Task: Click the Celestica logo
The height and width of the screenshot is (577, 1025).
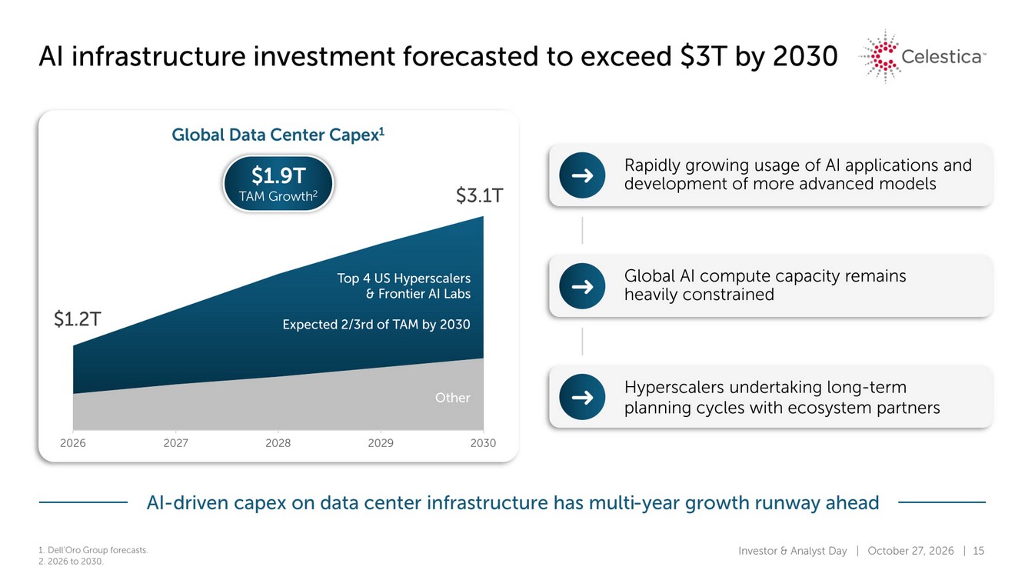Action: click(923, 57)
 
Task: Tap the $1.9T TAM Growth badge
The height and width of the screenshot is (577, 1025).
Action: click(278, 184)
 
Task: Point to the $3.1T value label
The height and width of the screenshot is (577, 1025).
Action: click(479, 195)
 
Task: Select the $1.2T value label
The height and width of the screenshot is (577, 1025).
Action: click(78, 319)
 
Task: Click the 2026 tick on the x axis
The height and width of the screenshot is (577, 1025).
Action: click(73, 443)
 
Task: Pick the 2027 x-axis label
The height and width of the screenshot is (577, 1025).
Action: click(176, 443)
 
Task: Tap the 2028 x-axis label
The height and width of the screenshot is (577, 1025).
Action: click(278, 443)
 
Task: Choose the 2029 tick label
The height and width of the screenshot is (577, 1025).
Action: click(381, 443)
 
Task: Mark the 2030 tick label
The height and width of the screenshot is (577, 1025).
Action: click(483, 443)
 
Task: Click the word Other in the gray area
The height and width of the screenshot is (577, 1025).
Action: click(453, 398)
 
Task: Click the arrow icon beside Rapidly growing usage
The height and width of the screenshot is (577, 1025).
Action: click(582, 175)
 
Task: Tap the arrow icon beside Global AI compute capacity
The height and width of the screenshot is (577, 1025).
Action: click(582, 286)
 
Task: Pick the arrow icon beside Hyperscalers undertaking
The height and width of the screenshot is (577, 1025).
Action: click(582, 397)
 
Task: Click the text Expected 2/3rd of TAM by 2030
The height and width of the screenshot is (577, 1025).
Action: click(376, 325)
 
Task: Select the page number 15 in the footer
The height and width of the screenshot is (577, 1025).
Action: click(978, 550)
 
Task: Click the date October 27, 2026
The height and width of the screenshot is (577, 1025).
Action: click(910, 551)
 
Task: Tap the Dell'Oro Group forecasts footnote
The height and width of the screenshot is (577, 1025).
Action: click(93, 550)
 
